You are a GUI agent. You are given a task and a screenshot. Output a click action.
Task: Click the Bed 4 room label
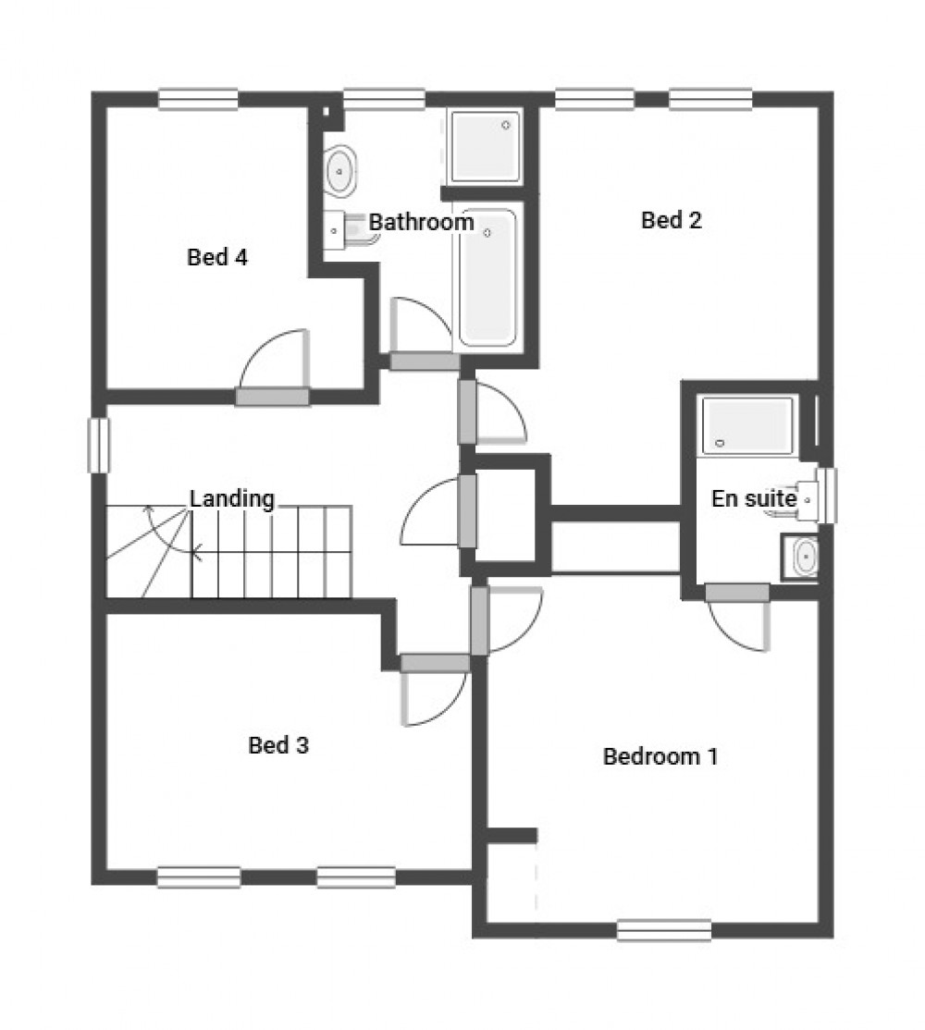217,257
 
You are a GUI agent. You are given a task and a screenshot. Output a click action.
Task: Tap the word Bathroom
421,223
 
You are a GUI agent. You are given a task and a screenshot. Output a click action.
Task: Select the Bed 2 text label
672,220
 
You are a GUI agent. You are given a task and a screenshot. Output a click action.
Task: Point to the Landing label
232,499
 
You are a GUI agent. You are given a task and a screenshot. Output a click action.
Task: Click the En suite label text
753,498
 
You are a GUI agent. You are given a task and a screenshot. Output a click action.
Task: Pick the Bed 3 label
278,745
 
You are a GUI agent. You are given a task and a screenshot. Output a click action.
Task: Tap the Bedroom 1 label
660,757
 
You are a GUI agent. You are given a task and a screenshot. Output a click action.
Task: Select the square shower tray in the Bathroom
485,146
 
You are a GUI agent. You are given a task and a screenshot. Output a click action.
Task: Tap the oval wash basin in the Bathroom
340,171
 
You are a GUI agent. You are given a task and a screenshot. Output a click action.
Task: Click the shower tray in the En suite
747,425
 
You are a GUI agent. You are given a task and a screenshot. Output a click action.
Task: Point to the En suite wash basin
805,557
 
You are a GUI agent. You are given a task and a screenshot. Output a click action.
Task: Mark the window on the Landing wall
99,446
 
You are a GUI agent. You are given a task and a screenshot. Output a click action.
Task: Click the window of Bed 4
198,99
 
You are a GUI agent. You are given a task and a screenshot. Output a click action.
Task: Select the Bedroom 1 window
664,929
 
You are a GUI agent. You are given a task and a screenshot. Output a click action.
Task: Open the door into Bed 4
272,397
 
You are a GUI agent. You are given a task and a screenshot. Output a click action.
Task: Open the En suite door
737,593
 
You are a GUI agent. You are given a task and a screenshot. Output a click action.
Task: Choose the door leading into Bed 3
435,663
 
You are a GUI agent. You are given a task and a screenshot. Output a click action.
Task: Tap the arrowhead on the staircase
195,554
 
